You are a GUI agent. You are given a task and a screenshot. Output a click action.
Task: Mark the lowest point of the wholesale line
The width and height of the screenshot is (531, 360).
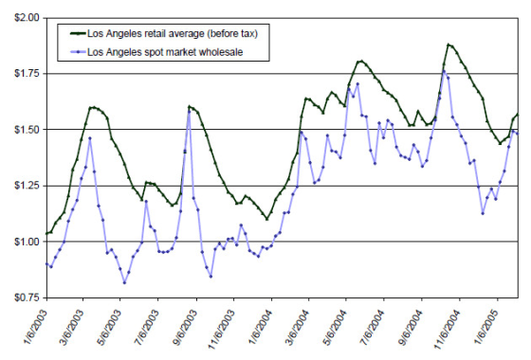pos(124,282)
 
